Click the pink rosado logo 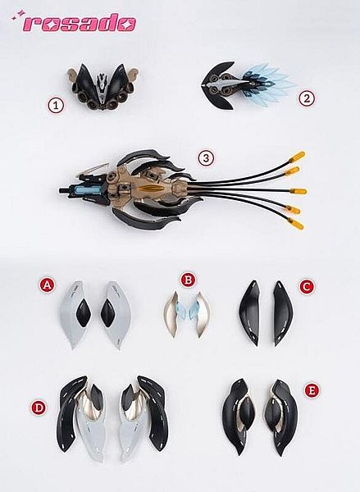coord(74,23)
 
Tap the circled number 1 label coord(56,106)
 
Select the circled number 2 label coord(307,98)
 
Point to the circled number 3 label coord(206,158)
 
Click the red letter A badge coord(47,285)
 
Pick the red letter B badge coord(188,280)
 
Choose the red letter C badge coord(307,286)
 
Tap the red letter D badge coord(39,408)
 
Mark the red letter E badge coord(312,390)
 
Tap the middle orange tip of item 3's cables coord(298,191)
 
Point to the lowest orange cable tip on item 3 coord(296,224)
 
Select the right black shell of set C coord(282,313)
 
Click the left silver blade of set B coord(171,315)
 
